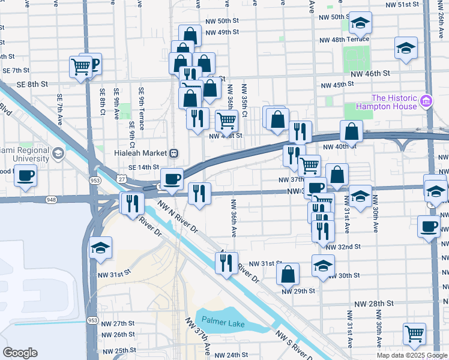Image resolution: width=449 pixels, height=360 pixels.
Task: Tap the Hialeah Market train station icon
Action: click(x=173, y=152)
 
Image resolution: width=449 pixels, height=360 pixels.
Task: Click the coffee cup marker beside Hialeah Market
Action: click(x=172, y=179)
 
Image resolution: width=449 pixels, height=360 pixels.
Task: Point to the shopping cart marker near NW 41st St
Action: click(x=226, y=121)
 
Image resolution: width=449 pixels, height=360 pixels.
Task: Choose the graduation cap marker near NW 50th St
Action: click(x=360, y=24)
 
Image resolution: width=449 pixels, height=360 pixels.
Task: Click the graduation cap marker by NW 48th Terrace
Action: click(x=406, y=49)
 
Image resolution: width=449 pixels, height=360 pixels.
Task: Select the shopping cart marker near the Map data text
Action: click(x=414, y=334)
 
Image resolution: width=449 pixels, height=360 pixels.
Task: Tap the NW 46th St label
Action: click(x=370, y=73)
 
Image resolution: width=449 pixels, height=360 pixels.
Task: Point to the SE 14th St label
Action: click(x=143, y=167)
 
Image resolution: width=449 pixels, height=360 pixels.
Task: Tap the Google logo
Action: click(x=20, y=353)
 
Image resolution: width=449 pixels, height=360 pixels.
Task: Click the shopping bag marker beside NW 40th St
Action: click(x=351, y=131)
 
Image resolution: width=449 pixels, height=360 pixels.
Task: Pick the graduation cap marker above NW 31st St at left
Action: click(x=101, y=247)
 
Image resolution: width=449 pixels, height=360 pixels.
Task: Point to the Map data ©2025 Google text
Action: click(x=412, y=355)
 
